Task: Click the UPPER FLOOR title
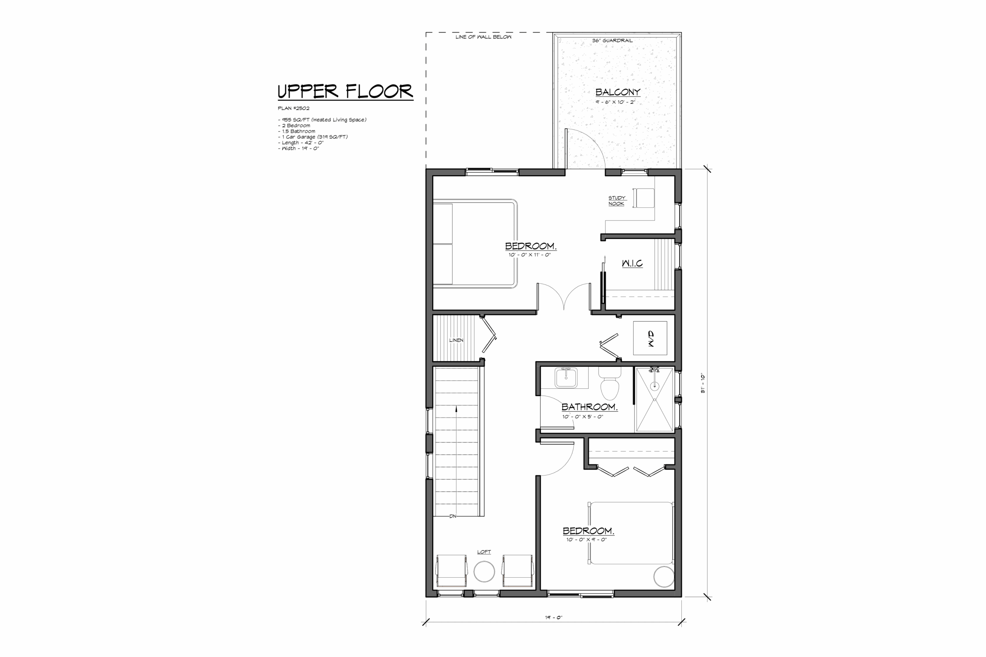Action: (x=345, y=92)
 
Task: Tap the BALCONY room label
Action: (x=617, y=92)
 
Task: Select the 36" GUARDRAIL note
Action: (x=612, y=41)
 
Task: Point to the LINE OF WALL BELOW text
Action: (x=483, y=37)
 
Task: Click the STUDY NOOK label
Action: (x=617, y=201)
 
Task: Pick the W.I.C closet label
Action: (x=632, y=263)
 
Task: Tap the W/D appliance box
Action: (x=650, y=338)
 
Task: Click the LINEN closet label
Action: (x=456, y=340)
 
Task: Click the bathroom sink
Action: (x=566, y=378)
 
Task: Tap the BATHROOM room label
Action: (x=589, y=407)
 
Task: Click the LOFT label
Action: (x=484, y=552)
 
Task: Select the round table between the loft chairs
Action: (x=484, y=572)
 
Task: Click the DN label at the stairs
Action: (x=453, y=517)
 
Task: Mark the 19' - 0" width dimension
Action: (x=553, y=617)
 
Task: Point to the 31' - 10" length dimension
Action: (x=703, y=383)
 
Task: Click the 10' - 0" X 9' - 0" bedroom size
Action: (x=587, y=540)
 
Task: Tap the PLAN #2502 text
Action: (x=293, y=108)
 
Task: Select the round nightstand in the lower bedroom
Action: (x=664, y=577)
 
